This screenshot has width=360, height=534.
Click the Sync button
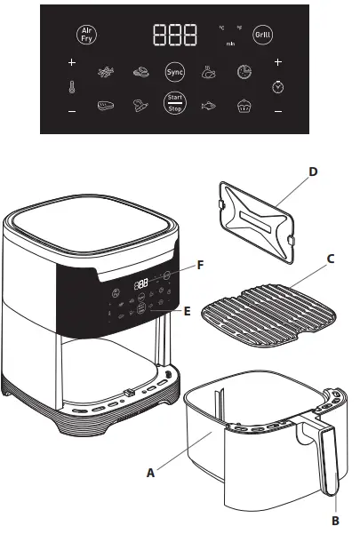coord(175,70)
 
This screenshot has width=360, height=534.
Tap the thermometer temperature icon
coord(72,87)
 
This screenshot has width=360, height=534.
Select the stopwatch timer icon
coord(278,87)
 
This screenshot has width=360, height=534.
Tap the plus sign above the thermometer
coord(72,63)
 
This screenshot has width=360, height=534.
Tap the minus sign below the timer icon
coord(278,111)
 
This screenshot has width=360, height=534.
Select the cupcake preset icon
coord(244,105)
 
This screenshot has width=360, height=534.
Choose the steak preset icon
coord(107,105)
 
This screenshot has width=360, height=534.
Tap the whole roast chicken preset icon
coord(210,71)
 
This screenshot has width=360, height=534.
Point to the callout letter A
coord(149,474)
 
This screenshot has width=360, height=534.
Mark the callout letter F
coord(201,265)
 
